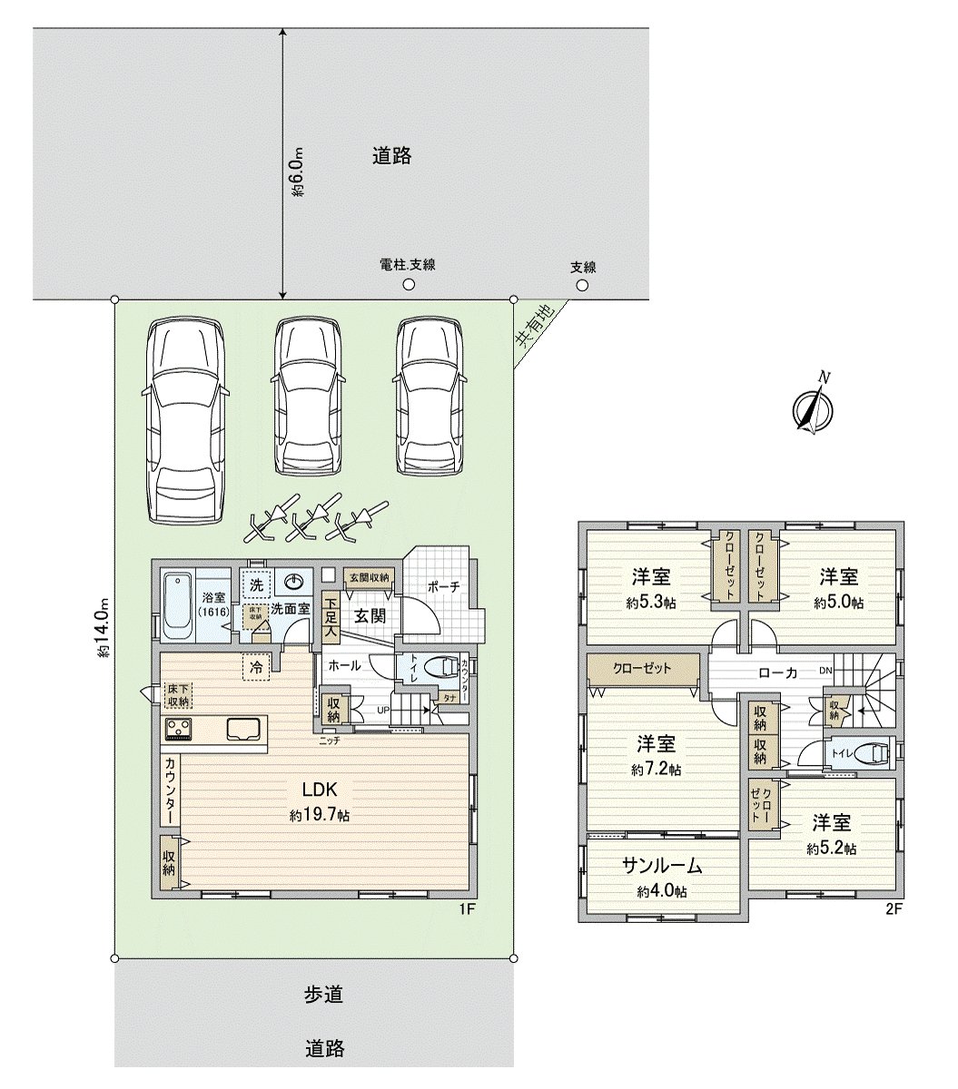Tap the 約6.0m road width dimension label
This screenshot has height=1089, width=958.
(297, 173)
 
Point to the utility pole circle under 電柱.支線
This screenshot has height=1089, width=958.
(409, 284)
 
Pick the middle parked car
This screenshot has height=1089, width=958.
(310, 396)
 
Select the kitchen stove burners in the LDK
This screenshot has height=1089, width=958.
(178, 728)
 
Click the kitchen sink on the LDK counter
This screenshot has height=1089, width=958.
(243, 729)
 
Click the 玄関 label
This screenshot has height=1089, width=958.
(370, 616)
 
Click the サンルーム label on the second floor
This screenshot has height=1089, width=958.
(662, 866)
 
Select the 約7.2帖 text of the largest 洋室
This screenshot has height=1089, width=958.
(655, 770)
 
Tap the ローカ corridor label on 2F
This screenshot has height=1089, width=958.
(777, 673)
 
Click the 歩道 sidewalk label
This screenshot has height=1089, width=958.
(323, 995)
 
